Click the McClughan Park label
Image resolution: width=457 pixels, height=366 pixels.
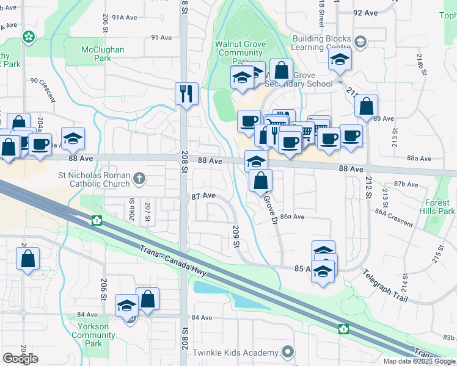(x=103, y=54)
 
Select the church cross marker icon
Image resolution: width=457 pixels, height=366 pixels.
(x=139, y=179)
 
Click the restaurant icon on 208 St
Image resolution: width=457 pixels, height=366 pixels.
(x=186, y=93)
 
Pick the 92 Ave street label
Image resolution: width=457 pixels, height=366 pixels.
(x=365, y=13)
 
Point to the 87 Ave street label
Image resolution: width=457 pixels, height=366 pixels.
(x=204, y=196)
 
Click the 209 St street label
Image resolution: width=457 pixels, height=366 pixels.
(x=235, y=237)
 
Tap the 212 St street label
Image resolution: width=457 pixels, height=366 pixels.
(x=368, y=188)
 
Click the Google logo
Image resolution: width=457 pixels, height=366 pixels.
(x=20, y=359)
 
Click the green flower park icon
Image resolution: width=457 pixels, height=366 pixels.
(x=28, y=38)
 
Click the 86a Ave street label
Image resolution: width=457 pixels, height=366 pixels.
(x=292, y=217)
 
